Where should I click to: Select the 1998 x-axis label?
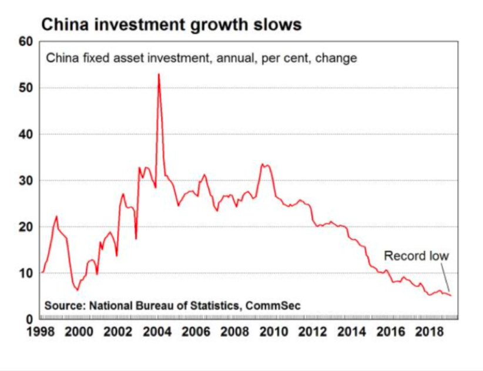point(42,332)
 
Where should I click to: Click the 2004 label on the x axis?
point(159,332)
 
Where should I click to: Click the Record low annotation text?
point(416,256)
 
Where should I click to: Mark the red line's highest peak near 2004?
point(159,74)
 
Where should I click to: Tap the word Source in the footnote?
point(64,306)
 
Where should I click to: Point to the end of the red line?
point(451,295)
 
